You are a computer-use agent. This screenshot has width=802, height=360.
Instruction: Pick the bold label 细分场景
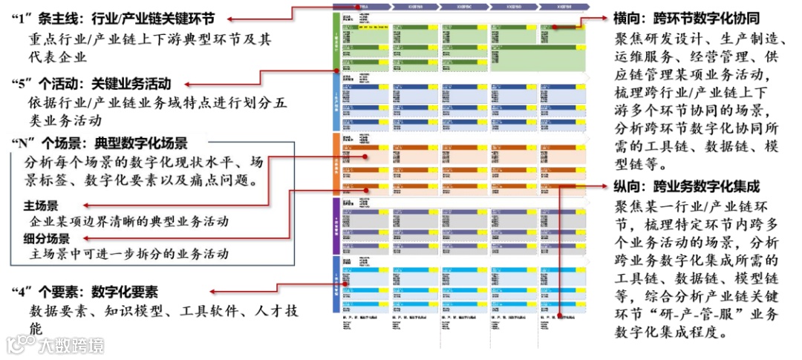(x=46, y=238)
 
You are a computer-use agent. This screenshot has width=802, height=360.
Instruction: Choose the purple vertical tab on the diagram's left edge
(x=336, y=225)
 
